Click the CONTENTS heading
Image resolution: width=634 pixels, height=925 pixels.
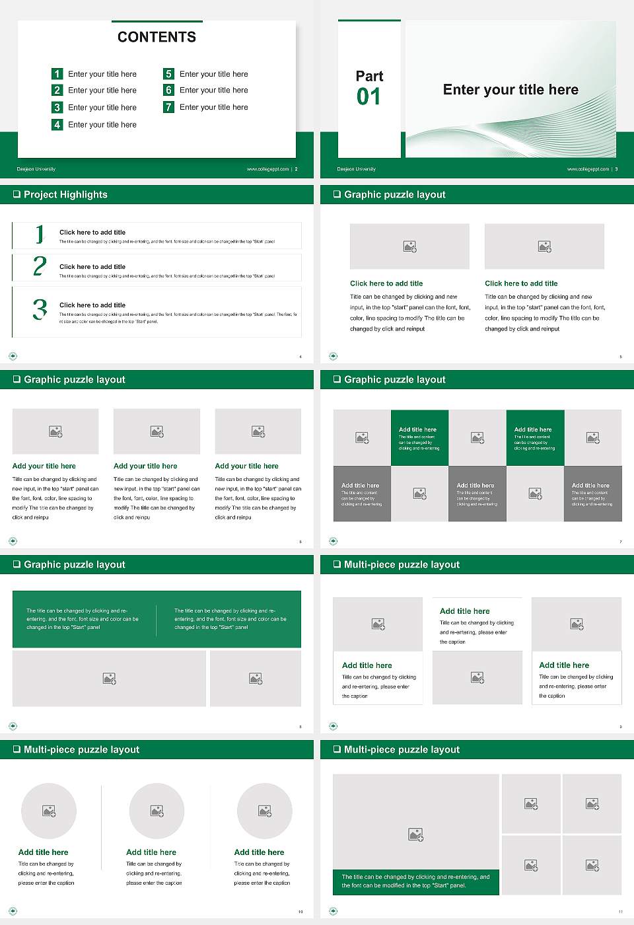click(157, 37)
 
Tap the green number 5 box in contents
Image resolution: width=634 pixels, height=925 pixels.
click(169, 74)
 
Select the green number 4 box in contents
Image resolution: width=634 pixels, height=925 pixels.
click(57, 124)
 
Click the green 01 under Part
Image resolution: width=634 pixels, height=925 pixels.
click(369, 97)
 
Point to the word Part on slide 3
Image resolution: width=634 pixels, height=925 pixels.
click(369, 76)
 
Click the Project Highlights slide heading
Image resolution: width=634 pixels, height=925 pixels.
click(65, 194)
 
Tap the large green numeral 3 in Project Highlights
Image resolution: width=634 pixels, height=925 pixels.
click(40, 309)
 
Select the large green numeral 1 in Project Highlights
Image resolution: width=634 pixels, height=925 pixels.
click(40, 234)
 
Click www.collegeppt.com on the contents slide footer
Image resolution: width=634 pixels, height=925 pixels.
click(267, 169)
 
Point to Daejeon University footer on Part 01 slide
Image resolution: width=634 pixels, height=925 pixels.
click(356, 169)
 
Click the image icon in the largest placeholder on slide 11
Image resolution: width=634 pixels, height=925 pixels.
click(415, 835)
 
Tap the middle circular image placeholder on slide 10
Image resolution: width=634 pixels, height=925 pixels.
click(157, 811)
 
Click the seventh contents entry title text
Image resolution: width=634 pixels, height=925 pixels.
click(213, 107)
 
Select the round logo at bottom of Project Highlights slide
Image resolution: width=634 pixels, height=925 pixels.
click(13, 356)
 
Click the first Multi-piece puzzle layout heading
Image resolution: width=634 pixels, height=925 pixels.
click(402, 564)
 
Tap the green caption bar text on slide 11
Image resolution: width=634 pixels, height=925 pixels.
click(415, 881)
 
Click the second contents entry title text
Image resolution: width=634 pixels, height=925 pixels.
click(102, 91)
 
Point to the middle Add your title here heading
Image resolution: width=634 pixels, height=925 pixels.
click(145, 466)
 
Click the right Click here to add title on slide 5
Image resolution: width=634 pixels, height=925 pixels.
click(521, 283)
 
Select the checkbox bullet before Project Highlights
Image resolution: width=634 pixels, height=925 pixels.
click(17, 194)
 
